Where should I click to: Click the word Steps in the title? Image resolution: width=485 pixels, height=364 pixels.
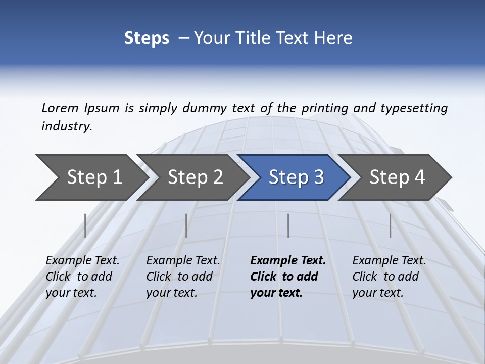tap(147, 38)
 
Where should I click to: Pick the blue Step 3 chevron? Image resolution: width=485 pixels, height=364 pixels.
tap(296, 177)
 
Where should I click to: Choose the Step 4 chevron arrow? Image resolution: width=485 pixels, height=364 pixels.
tap(397, 177)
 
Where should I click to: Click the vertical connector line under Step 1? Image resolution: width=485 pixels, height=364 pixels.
tap(85, 225)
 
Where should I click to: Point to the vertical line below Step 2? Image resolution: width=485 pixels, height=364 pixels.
tap(186, 225)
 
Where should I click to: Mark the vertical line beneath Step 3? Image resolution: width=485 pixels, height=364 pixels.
tap(288, 225)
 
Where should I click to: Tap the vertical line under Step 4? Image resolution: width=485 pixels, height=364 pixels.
tap(390, 225)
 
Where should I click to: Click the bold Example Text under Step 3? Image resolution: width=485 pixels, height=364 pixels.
tap(288, 277)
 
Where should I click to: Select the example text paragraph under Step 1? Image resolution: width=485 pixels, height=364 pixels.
tap(82, 277)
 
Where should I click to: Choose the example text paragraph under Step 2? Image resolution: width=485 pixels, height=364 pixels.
tap(183, 277)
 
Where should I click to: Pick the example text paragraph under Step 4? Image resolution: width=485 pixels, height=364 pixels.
tap(389, 277)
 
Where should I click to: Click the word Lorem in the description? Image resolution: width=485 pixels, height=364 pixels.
tap(60, 108)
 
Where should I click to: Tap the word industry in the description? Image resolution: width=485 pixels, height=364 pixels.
tap(67, 126)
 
